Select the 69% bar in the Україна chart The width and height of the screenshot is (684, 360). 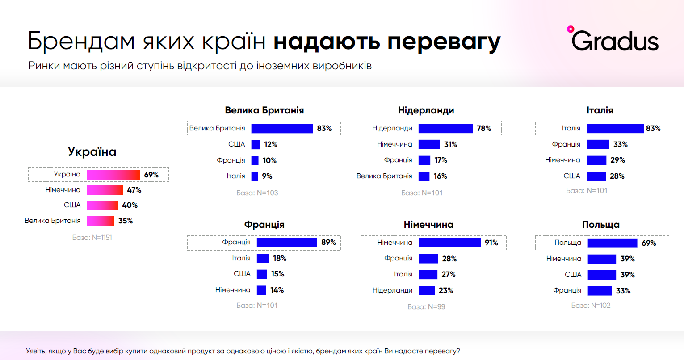point(113,175)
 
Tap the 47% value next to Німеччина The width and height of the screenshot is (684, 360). point(134,190)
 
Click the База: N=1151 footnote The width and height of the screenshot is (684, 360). point(92,238)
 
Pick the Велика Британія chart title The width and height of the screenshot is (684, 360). point(264,110)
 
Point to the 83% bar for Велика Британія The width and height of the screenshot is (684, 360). point(282,129)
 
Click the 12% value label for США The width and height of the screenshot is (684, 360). point(270,144)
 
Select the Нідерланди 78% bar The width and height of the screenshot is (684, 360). point(445,129)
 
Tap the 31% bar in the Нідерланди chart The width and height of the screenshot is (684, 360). point(429,144)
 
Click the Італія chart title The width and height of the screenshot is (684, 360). point(600,110)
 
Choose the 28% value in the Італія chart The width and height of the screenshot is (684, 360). point(617,176)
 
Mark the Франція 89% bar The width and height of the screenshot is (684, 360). point(287,242)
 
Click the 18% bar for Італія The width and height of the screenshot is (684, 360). point(263,258)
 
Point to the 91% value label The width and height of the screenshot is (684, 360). point(491,243)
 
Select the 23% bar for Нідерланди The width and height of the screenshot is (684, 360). point(427,290)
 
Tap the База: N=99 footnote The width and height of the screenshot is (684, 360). point(426,307)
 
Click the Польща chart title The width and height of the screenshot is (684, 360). point(600,225)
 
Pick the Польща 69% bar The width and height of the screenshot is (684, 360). point(613,243)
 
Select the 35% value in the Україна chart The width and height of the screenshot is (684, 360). point(126,221)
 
